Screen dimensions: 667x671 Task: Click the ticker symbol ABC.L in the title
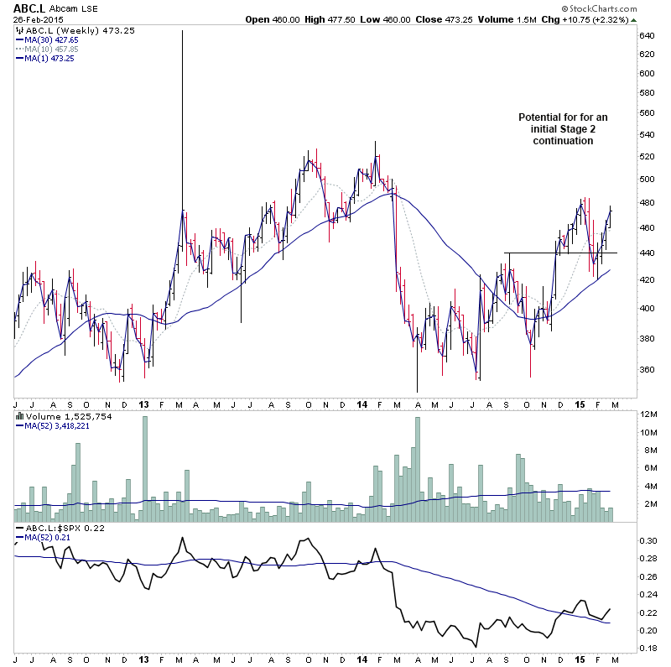(30, 9)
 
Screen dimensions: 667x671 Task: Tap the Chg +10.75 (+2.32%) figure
(620, 20)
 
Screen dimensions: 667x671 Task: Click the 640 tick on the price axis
(647, 36)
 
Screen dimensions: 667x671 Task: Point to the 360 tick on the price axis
(647, 369)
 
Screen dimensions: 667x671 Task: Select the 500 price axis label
(647, 179)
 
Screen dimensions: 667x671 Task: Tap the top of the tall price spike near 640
(183, 31)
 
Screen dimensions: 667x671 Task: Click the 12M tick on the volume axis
(648, 414)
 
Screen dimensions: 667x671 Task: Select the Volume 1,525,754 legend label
(59, 416)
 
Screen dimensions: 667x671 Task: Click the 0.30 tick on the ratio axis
(648, 541)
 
